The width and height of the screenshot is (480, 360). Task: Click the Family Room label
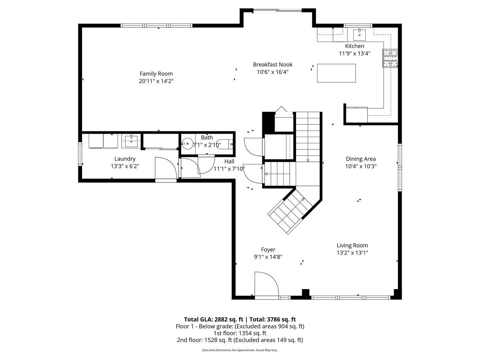[156, 74]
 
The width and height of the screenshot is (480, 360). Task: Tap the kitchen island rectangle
[336, 73]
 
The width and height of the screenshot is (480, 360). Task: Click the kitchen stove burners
[390, 58]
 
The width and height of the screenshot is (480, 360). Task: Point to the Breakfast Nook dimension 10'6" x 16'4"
[272, 72]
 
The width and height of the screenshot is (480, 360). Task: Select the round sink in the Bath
[187, 144]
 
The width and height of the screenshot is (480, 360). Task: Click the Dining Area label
[361, 159]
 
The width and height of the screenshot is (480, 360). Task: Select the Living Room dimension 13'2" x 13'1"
[352, 253]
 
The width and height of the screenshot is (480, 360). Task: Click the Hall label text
[229, 161]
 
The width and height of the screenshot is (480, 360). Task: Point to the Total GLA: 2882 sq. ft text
[213, 319]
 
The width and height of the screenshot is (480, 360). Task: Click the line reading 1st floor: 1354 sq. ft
[240, 333]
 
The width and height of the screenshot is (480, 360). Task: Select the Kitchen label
[354, 46]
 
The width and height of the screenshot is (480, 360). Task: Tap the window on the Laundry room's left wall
[80, 154]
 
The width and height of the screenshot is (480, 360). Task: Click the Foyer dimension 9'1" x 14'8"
[268, 257]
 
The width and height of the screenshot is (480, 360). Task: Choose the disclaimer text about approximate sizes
[240, 350]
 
